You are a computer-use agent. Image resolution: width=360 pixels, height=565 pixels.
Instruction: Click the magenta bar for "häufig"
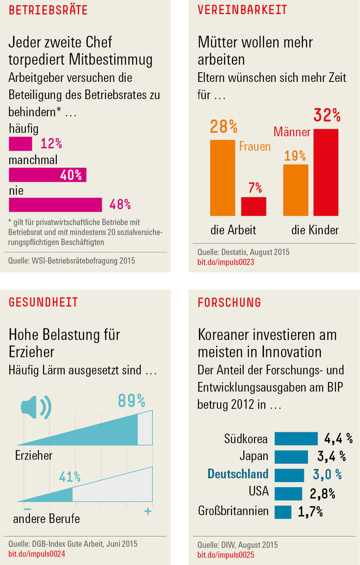[21, 143]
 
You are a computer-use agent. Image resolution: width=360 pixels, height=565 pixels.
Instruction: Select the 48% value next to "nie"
[120, 205]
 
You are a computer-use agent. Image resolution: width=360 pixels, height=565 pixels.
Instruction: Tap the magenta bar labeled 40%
[47, 175]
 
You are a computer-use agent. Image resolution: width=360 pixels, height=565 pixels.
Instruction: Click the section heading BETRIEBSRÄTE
[48, 10]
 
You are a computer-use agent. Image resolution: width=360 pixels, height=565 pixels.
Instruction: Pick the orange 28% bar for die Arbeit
[223, 177]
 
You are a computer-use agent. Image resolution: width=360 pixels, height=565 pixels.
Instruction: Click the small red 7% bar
[254, 206]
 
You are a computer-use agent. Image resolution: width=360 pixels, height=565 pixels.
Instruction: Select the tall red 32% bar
[326, 172]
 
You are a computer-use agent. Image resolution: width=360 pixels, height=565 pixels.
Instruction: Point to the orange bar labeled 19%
[296, 190]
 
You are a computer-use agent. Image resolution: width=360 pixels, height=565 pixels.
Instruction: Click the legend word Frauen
[255, 147]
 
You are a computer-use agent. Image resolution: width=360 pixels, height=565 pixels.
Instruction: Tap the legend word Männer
[292, 132]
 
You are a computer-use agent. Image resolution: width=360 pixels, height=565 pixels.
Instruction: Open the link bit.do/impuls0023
[225, 262]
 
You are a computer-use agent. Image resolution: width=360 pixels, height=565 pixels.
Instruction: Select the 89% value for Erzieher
[131, 401]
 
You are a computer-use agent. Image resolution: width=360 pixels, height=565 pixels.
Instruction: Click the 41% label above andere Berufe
[70, 477]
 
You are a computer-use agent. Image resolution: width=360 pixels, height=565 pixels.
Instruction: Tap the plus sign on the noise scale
[148, 512]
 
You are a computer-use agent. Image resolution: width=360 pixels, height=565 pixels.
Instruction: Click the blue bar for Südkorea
[296, 439]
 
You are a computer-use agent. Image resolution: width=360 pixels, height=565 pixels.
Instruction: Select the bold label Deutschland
[238, 474]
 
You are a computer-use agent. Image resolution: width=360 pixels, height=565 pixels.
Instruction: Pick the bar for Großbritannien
[283, 512]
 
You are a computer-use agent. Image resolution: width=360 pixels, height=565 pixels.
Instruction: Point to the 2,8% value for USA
[322, 494]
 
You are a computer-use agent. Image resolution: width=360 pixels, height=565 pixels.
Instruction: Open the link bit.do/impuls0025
[225, 555]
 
